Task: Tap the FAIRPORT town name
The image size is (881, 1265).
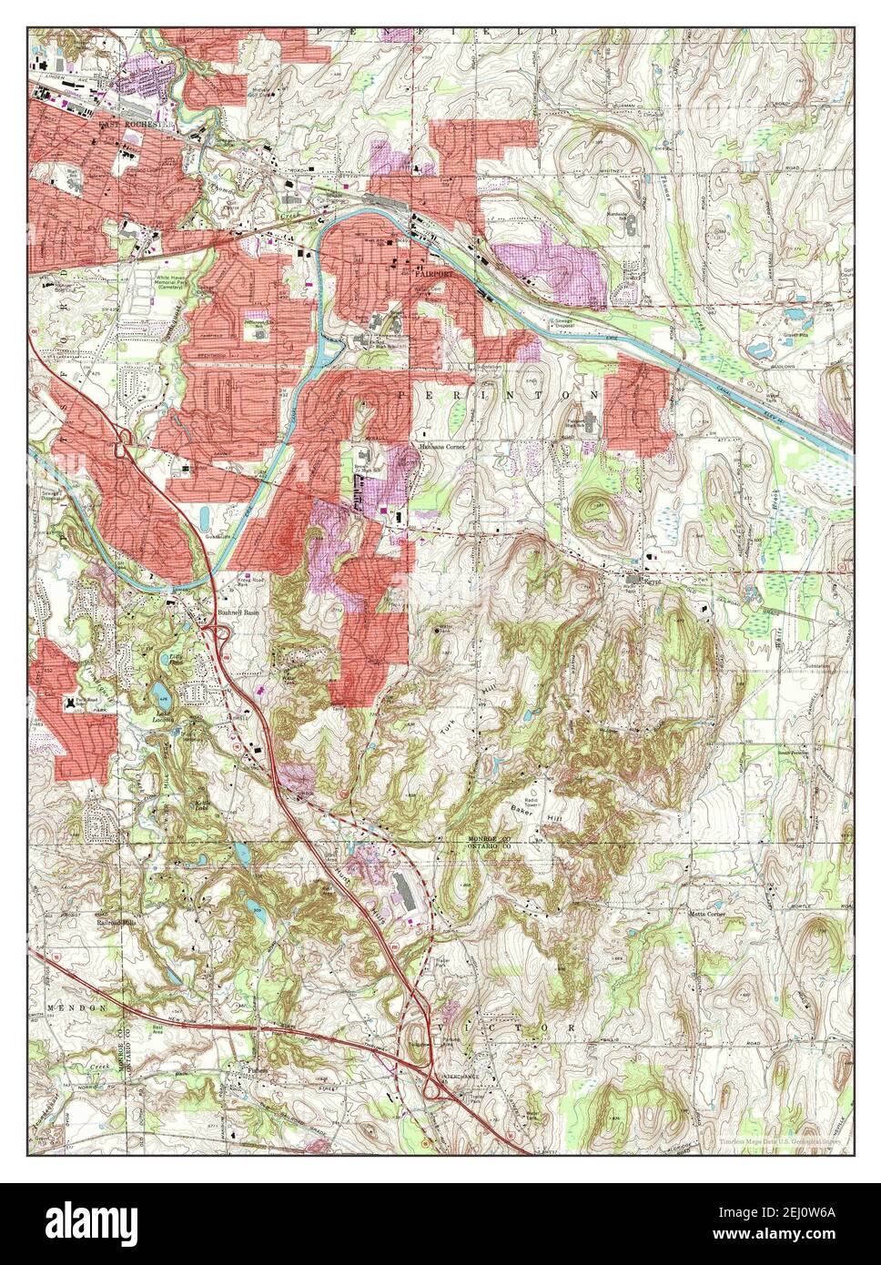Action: click(x=433, y=271)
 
